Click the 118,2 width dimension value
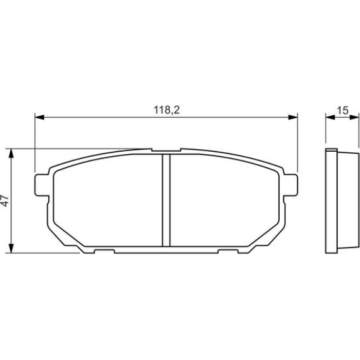(167, 110)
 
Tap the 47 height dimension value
(5, 201)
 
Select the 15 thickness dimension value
(343, 111)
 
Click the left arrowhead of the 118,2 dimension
(39, 117)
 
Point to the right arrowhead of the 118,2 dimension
(293, 117)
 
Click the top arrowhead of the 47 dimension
(11, 153)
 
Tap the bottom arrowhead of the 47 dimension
(11, 248)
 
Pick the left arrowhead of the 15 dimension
(330, 117)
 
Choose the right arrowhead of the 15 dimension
(354, 117)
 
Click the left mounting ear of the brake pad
(42, 185)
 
